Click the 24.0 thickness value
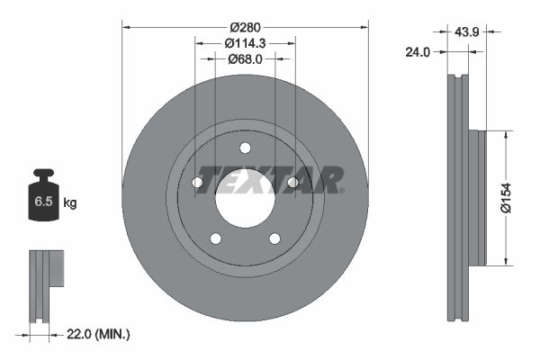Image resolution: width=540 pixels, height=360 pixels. click(x=417, y=51)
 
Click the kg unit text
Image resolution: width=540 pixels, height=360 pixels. click(x=69, y=202)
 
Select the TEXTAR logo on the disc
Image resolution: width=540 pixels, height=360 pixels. click(x=268, y=179)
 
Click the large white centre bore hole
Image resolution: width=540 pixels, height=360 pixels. click(x=244, y=195)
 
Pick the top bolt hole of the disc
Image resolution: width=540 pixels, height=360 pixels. click(x=245, y=149)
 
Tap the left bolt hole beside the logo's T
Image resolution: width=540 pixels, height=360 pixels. click(x=197, y=183)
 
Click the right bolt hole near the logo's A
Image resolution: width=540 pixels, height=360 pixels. click(x=292, y=183)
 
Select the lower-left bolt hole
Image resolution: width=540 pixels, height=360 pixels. click(x=215, y=238)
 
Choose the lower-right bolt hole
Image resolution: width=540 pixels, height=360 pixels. click(x=274, y=238)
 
